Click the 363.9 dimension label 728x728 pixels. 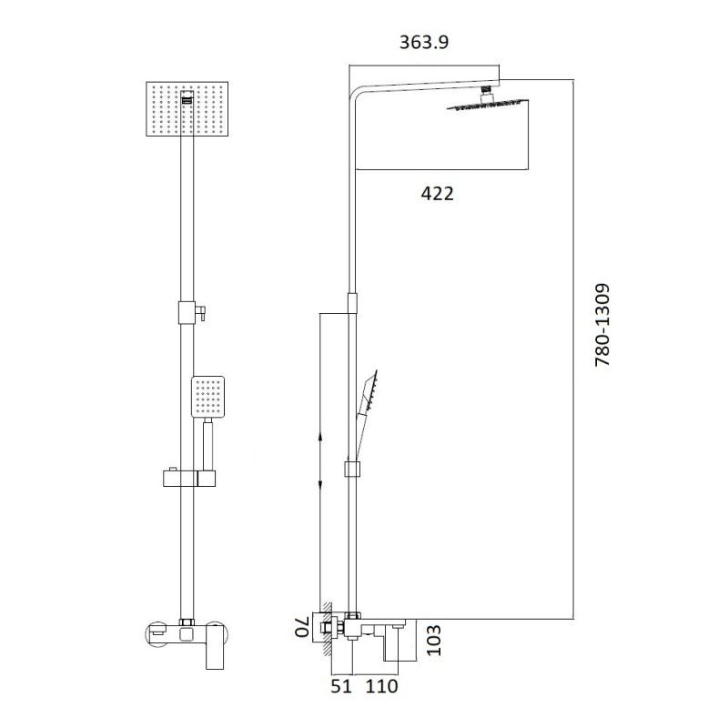[x=424, y=43]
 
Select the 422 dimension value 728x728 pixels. [x=437, y=193]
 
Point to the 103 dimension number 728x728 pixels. [x=434, y=641]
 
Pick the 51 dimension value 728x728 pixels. [x=341, y=687]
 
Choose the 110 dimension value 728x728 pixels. [x=382, y=687]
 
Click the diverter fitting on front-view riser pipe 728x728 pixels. [x=187, y=311]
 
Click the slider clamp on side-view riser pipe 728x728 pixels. [x=352, y=470]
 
